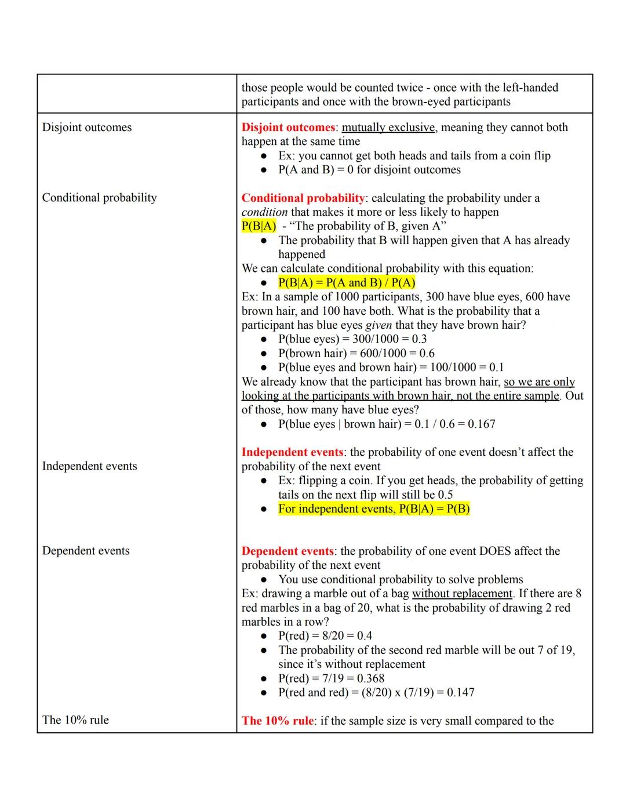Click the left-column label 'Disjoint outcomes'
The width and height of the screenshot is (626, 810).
click(87, 128)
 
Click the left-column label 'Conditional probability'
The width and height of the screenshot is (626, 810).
click(99, 198)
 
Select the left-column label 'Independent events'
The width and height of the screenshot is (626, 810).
click(89, 466)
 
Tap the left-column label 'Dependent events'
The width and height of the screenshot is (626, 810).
click(86, 551)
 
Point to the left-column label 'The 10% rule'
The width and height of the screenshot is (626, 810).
click(75, 720)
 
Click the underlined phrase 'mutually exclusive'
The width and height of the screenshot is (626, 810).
click(388, 128)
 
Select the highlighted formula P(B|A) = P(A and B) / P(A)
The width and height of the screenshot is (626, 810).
click(347, 283)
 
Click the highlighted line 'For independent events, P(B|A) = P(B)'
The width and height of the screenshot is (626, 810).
click(374, 509)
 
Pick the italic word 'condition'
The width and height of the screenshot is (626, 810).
click(264, 212)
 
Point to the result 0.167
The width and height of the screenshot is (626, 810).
click(482, 424)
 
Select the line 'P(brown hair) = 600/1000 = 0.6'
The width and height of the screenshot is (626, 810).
click(356, 354)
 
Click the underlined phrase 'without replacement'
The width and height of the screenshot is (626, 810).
click(462, 594)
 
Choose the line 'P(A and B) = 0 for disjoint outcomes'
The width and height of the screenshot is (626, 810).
click(369, 170)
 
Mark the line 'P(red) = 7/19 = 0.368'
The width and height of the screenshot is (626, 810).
click(331, 678)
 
